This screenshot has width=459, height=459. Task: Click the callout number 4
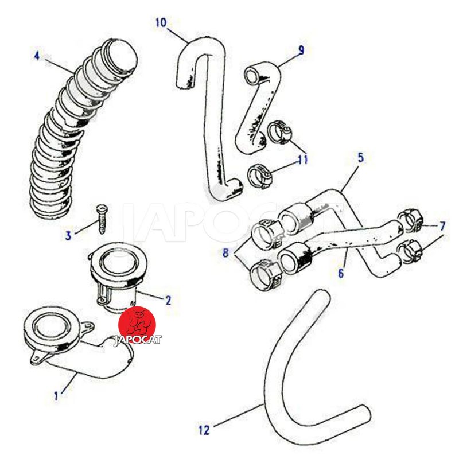(36, 56)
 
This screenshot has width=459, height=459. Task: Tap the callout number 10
(161, 23)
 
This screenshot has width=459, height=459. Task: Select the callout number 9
(301, 50)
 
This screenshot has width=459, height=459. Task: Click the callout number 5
(360, 156)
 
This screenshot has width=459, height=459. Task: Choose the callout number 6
(341, 274)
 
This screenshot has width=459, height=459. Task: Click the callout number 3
(68, 235)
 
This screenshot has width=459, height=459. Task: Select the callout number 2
(168, 299)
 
